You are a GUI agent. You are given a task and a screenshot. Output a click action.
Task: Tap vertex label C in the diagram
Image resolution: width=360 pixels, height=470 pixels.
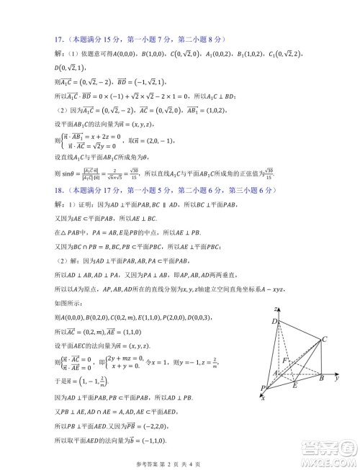tap(326, 338)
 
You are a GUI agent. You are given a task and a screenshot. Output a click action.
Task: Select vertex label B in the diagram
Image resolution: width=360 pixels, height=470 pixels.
tap(321, 377)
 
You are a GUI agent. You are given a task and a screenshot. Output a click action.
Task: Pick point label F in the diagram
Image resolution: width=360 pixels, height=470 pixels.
tap(287, 358)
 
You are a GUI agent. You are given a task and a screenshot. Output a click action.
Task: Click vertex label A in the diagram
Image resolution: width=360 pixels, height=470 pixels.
tap(274, 374)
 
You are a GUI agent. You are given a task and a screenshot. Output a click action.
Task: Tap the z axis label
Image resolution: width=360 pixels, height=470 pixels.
tap(276, 309)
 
